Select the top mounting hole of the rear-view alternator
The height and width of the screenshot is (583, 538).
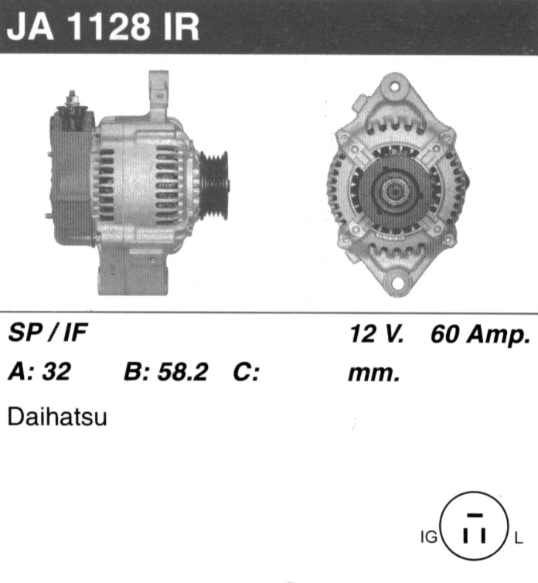point(394,87)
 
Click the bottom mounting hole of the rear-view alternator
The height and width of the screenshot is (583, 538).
point(397,283)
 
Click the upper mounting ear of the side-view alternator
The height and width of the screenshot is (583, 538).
point(158,93)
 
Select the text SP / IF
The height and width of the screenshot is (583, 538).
point(48,332)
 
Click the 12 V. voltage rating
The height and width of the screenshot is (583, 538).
point(376,333)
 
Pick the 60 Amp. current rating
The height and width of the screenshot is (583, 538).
point(480,334)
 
